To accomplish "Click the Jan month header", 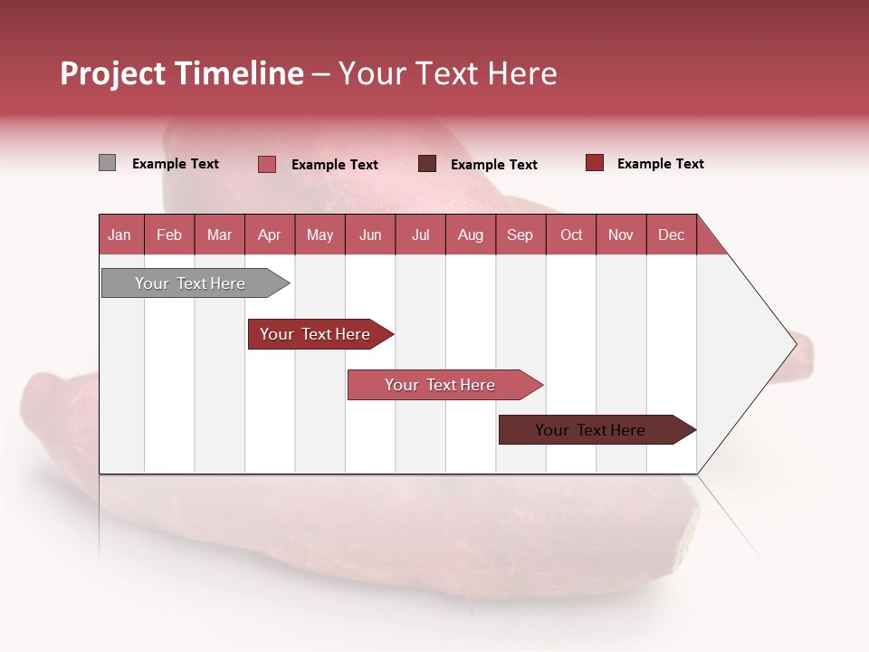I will point(120,235).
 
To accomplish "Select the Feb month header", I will point(169,235).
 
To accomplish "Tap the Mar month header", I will point(219,235).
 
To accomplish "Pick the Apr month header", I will point(270,235).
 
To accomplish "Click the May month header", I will point(320,235).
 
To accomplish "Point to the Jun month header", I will point(370,235).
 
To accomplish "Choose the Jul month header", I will point(420,235).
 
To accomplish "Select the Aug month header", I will point(471,235).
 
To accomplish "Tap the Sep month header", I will point(520,235).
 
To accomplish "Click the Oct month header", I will point(571,235).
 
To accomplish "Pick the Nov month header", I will point(621,235).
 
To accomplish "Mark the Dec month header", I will point(672,235).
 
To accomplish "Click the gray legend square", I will point(107,163).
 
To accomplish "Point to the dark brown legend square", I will point(427,164).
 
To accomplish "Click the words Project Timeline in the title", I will point(182,73).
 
